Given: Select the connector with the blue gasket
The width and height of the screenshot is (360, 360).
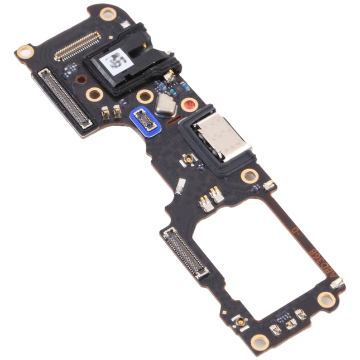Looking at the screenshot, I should tap(145, 118).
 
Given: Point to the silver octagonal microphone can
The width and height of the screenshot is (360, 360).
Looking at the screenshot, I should tap(166, 104).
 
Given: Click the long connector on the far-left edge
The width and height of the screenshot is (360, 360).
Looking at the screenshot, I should tap(63, 98).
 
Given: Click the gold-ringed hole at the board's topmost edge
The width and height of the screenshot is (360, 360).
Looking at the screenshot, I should tap(108, 14).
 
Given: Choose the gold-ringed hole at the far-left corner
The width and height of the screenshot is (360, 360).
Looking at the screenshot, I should tap(25, 52).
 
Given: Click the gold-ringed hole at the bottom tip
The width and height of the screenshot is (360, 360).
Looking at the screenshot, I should tap(260, 341).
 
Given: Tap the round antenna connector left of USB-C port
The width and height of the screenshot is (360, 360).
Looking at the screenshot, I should tap(189, 159).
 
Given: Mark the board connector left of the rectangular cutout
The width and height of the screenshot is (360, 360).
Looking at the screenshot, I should tap(185, 253).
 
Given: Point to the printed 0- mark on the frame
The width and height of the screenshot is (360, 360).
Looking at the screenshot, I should tap(294, 228).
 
